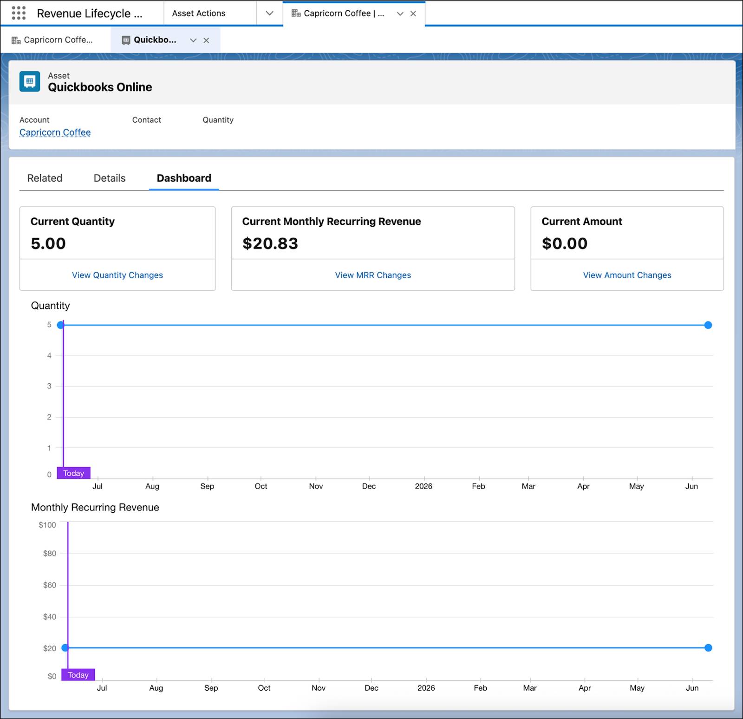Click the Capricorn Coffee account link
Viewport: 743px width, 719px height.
[55, 132]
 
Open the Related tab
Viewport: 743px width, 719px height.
[45, 178]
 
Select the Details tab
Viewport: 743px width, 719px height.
[110, 178]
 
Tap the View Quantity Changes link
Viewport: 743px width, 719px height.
[117, 275]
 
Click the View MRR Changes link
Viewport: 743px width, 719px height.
[373, 275]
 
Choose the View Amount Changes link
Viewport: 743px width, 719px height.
[627, 275]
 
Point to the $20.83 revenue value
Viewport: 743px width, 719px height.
[270, 243]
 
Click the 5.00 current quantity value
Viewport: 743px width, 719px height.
[48, 243]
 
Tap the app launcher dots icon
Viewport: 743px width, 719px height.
[19, 13]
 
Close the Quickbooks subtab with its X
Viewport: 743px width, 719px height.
[206, 40]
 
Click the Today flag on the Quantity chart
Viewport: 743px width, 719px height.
[73, 473]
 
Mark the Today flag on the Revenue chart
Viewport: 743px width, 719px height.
[78, 674]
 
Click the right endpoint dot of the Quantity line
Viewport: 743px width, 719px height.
[708, 325]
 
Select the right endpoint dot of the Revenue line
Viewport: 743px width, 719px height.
[708, 648]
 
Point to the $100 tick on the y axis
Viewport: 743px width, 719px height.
[47, 525]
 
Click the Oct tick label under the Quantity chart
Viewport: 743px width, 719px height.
[261, 486]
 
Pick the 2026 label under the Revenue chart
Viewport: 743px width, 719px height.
[426, 688]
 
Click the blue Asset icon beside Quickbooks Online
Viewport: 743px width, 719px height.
[30, 81]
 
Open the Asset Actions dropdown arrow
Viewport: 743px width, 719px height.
[269, 13]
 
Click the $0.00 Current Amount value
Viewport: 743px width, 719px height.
[565, 243]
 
